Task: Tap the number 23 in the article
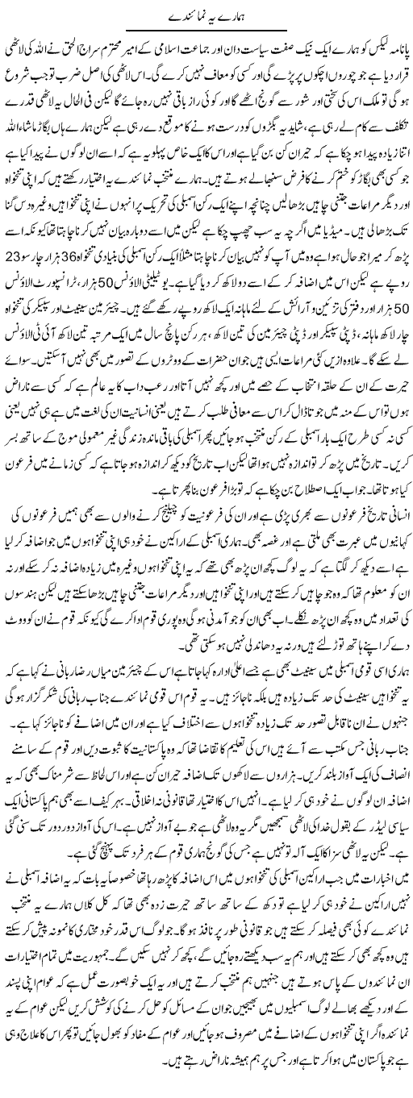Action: (x=25, y=287)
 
